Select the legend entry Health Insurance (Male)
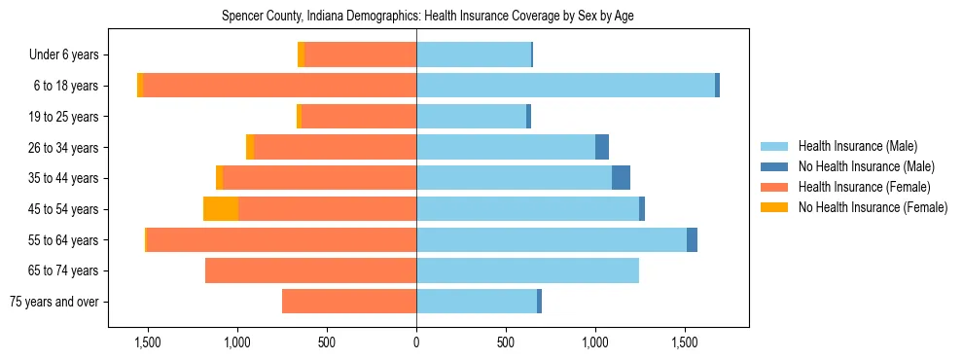(x=857, y=146)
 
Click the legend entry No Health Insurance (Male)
(x=866, y=166)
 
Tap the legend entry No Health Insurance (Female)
(x=873, y=207)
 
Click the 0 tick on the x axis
(x=416, y=342)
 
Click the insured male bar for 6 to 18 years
(x=564, y=86)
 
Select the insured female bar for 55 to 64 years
(x=282, y=239)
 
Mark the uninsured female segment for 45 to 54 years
(x=221, y=209)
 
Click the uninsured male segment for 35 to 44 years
(x=621, y=178)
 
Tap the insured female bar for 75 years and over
(x=349, y=302)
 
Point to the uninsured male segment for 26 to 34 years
(x=602, y=147)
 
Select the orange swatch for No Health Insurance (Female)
(x=774, y=207)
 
